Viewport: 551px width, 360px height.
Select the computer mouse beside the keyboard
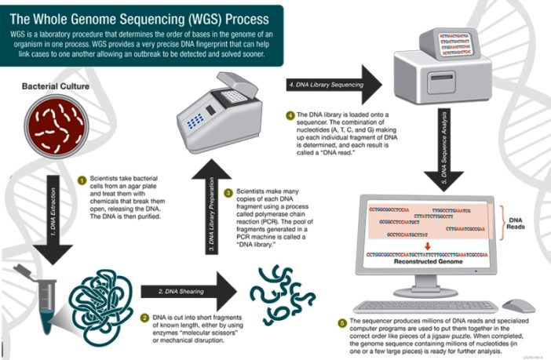click(518, 305)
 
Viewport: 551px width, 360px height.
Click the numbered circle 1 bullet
click(81, 179)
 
